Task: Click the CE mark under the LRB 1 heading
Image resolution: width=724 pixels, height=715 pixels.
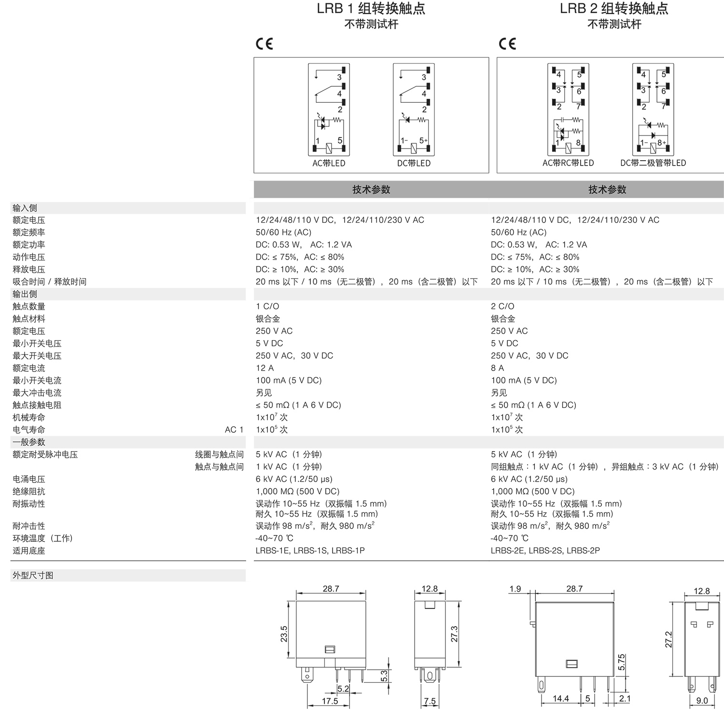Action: [x=264, y=44]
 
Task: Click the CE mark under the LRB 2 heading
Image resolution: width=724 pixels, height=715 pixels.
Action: [x=507, y=44]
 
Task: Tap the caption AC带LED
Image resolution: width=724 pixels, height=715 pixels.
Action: [x=329, y=163]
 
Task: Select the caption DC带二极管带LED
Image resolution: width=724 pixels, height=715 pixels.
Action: [x=653, y=163]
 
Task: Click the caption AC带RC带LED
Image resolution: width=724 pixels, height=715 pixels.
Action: [x=568, y=163]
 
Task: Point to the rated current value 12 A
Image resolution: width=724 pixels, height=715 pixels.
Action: [x=265, y=368]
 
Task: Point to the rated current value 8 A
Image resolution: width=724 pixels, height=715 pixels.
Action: [x=497, y=368]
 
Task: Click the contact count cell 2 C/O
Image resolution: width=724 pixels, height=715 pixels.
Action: [x=502, y=306]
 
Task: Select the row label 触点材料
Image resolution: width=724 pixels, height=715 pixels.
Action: [x=29, y=319]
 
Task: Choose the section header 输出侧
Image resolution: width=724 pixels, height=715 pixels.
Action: [x=25, y=294]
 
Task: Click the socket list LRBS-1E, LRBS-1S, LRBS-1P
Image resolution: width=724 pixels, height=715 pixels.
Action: [x=310, y=550]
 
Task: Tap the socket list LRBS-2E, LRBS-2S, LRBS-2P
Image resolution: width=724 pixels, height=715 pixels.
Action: [x=545, y=550]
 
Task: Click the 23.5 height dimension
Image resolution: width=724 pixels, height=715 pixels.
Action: [x=284, y=634]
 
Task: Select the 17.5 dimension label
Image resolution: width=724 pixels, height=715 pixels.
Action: [x=330, y=701]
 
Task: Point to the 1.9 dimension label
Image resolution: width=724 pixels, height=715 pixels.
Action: [x=515, y=589]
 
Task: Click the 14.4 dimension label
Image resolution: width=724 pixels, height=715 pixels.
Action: [x=560, y=699]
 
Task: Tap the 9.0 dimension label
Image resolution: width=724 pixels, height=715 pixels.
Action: [x=702, y=701]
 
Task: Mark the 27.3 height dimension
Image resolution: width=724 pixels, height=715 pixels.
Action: [x=454, y=634]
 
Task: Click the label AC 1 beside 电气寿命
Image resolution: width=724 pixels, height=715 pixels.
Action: [x=234, y=430]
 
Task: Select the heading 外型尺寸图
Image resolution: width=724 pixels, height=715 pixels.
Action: [x=33, y=576]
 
